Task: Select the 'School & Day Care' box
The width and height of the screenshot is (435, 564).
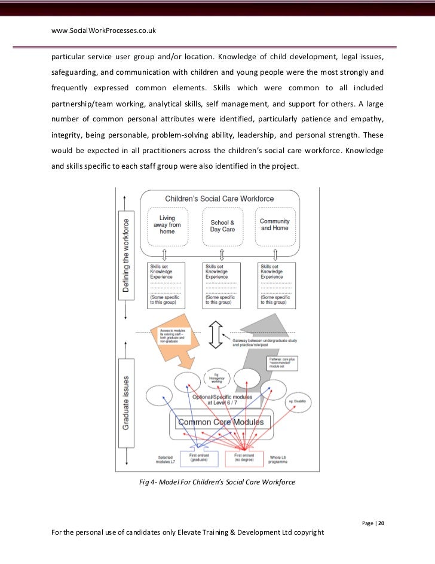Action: point(222,225)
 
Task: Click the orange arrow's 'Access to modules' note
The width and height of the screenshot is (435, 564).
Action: point(171,334)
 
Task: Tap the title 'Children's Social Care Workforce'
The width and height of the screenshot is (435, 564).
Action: point(219,198)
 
